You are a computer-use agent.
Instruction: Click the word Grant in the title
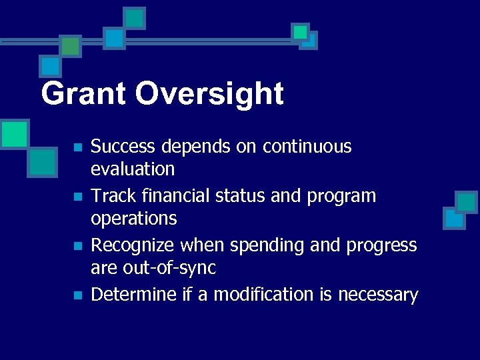tap(83, 94)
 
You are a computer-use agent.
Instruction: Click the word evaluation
tap(133, 169)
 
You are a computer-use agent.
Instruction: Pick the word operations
tap(133, 219)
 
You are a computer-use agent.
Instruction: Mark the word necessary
tap(378, 295)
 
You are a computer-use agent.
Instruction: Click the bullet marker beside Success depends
tap(78, 147)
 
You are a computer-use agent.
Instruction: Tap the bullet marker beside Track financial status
tap(78, 197)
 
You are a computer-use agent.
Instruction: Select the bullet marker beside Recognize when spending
tap(78, 246)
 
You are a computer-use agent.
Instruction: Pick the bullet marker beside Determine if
tap(78, 295)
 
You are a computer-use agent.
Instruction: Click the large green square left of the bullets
tap(14, 133)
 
